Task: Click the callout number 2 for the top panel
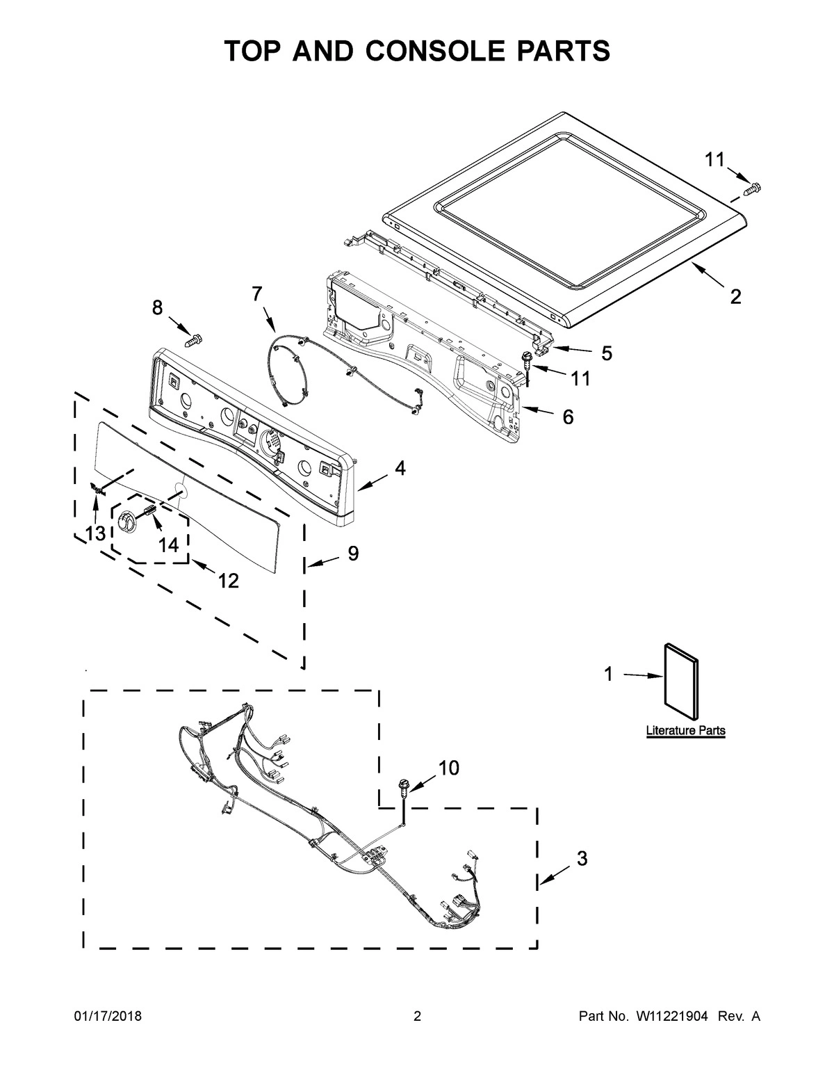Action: (735, 298)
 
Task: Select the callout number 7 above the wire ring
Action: (257, 294)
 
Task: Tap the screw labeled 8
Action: (193, 341)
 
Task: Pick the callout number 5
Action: (607, 353)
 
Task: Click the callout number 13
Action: (95, 533)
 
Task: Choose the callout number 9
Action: (353, 554)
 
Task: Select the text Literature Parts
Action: (685, 731)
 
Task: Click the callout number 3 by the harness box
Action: (582, 858)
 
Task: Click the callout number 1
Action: (608, 673)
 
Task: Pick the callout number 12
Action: (228, 580)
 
